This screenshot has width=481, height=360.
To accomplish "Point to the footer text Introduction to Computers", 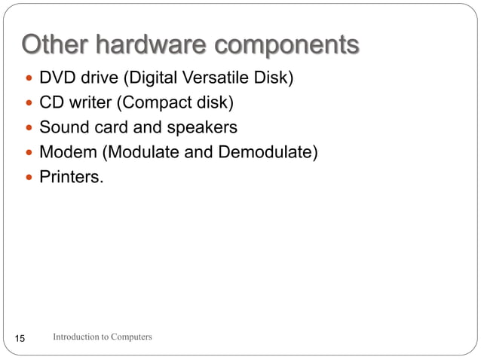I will coord(103,337).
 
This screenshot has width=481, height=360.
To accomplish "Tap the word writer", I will coord(90,102).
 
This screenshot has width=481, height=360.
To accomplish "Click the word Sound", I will coord(63,127).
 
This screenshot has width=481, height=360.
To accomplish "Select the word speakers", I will coord(202,127).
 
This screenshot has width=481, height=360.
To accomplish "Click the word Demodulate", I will coord(268,152).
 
